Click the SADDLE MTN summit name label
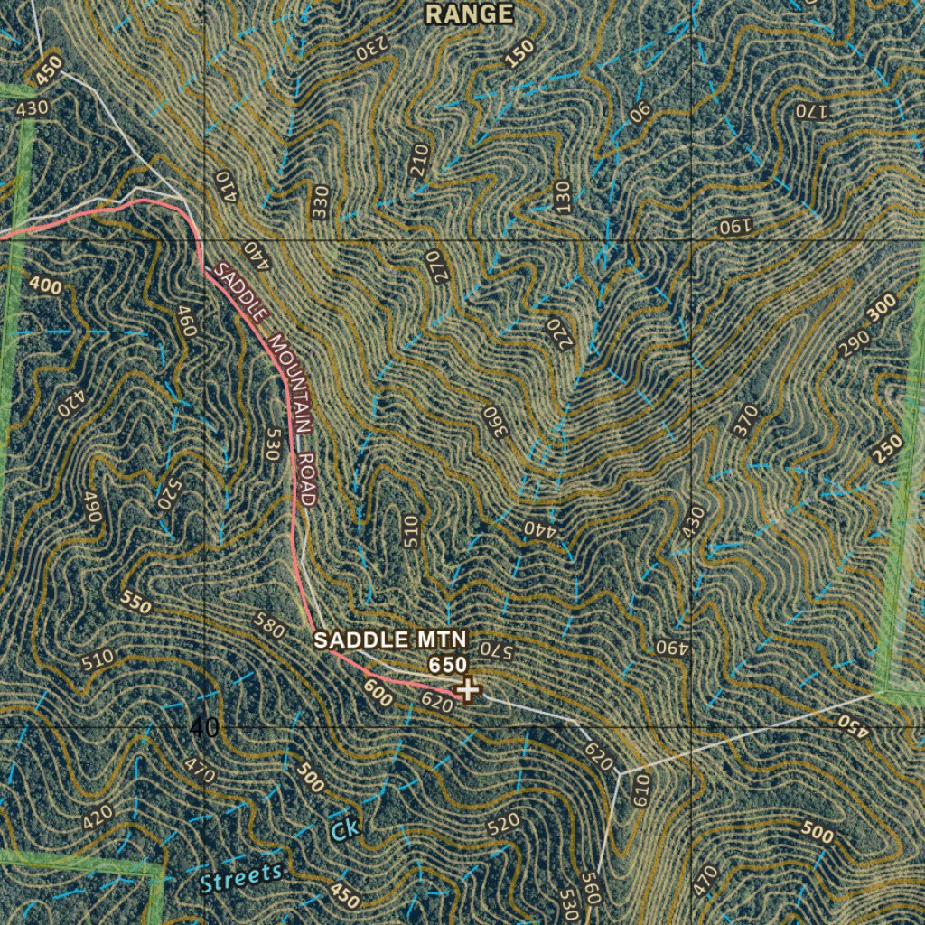coord(390,640)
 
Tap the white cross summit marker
coord(468,690)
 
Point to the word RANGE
coord(469,14)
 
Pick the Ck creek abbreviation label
coord(343,829)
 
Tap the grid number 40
coord(205,727)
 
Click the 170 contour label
coord(810,111)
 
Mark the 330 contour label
coord(320,202)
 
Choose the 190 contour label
coord(734,226)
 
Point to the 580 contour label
coord(269,625)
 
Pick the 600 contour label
coord(377,693)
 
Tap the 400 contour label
coord(45,286)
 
